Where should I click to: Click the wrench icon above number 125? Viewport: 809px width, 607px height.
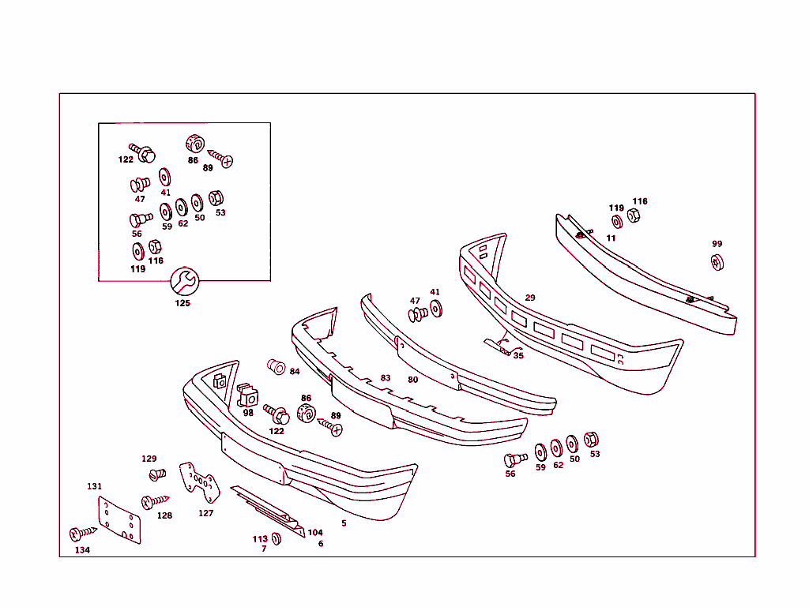pos(185,281)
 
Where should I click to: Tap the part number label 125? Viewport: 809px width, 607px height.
pos(182,303)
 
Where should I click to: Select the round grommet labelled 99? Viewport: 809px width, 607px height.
pos(717,262)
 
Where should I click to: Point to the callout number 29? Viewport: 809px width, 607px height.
pos(530,298)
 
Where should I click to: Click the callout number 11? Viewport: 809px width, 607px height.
pos(611,238)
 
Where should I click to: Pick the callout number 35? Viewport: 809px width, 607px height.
pos(518,355)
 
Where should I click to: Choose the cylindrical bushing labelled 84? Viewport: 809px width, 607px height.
pos(276,367)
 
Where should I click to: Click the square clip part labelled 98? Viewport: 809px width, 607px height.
pos(247,395)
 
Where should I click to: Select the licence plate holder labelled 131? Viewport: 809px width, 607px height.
pos(119,520)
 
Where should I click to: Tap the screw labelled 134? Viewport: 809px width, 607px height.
pos(82,533)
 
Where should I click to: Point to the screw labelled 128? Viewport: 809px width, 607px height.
pos(155,501)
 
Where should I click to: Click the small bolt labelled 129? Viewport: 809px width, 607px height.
pos(157,474)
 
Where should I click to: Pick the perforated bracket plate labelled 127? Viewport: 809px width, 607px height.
pos(199,482)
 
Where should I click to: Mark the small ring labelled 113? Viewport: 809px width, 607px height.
pos(276,538)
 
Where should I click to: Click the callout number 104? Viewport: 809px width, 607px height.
pos(314,532)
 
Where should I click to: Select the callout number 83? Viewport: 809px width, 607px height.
pos(386,378)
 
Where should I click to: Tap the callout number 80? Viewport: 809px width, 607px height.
pos(412,380)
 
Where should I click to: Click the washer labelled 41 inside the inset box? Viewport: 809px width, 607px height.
pos(164,178)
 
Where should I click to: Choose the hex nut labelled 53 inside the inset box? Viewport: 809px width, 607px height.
pos(216,198)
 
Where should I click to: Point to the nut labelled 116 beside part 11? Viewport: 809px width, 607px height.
pos(634,215)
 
